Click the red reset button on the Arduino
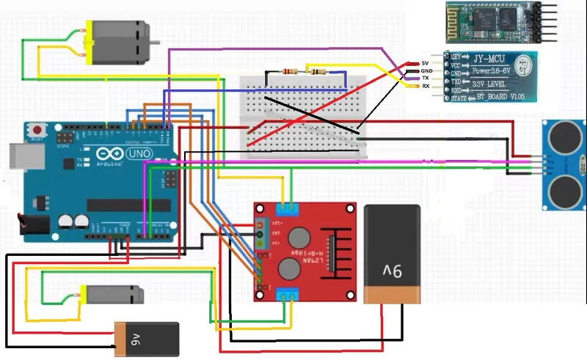click(37, 131)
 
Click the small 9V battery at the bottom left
click(147, 339)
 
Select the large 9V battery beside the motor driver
click(393, 253)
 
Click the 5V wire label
click(425, 64)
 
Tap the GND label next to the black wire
click(426, 71)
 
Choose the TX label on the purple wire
click(426, 78)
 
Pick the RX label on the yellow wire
click(426, 87)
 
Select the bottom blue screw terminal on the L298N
click(288, 295)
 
